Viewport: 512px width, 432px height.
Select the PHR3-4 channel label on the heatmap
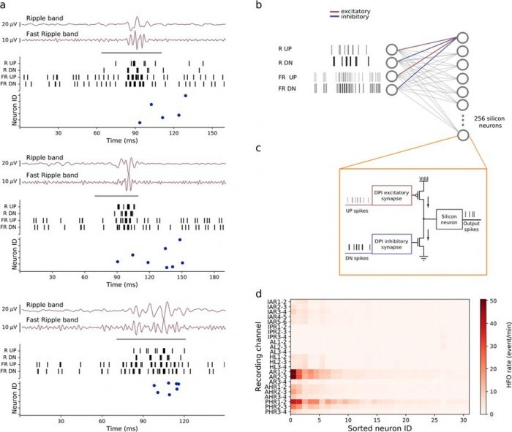(x=275, y=413)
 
